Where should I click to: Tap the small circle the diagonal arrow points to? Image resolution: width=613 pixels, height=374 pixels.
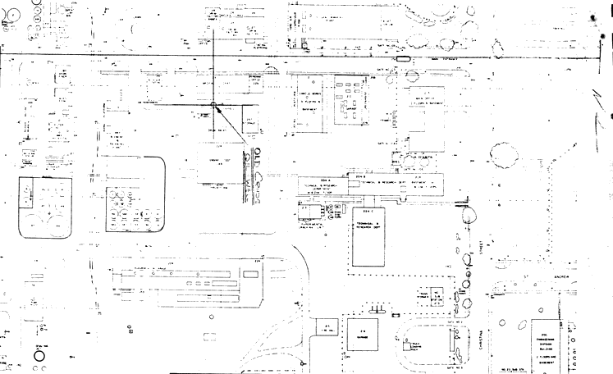click(213, 105)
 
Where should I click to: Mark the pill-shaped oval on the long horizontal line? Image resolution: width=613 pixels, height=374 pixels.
click(403, 59)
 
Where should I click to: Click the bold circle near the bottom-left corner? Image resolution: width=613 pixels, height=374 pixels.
click(39, 358)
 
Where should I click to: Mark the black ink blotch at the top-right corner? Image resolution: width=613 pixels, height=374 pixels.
click(610, 11)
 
